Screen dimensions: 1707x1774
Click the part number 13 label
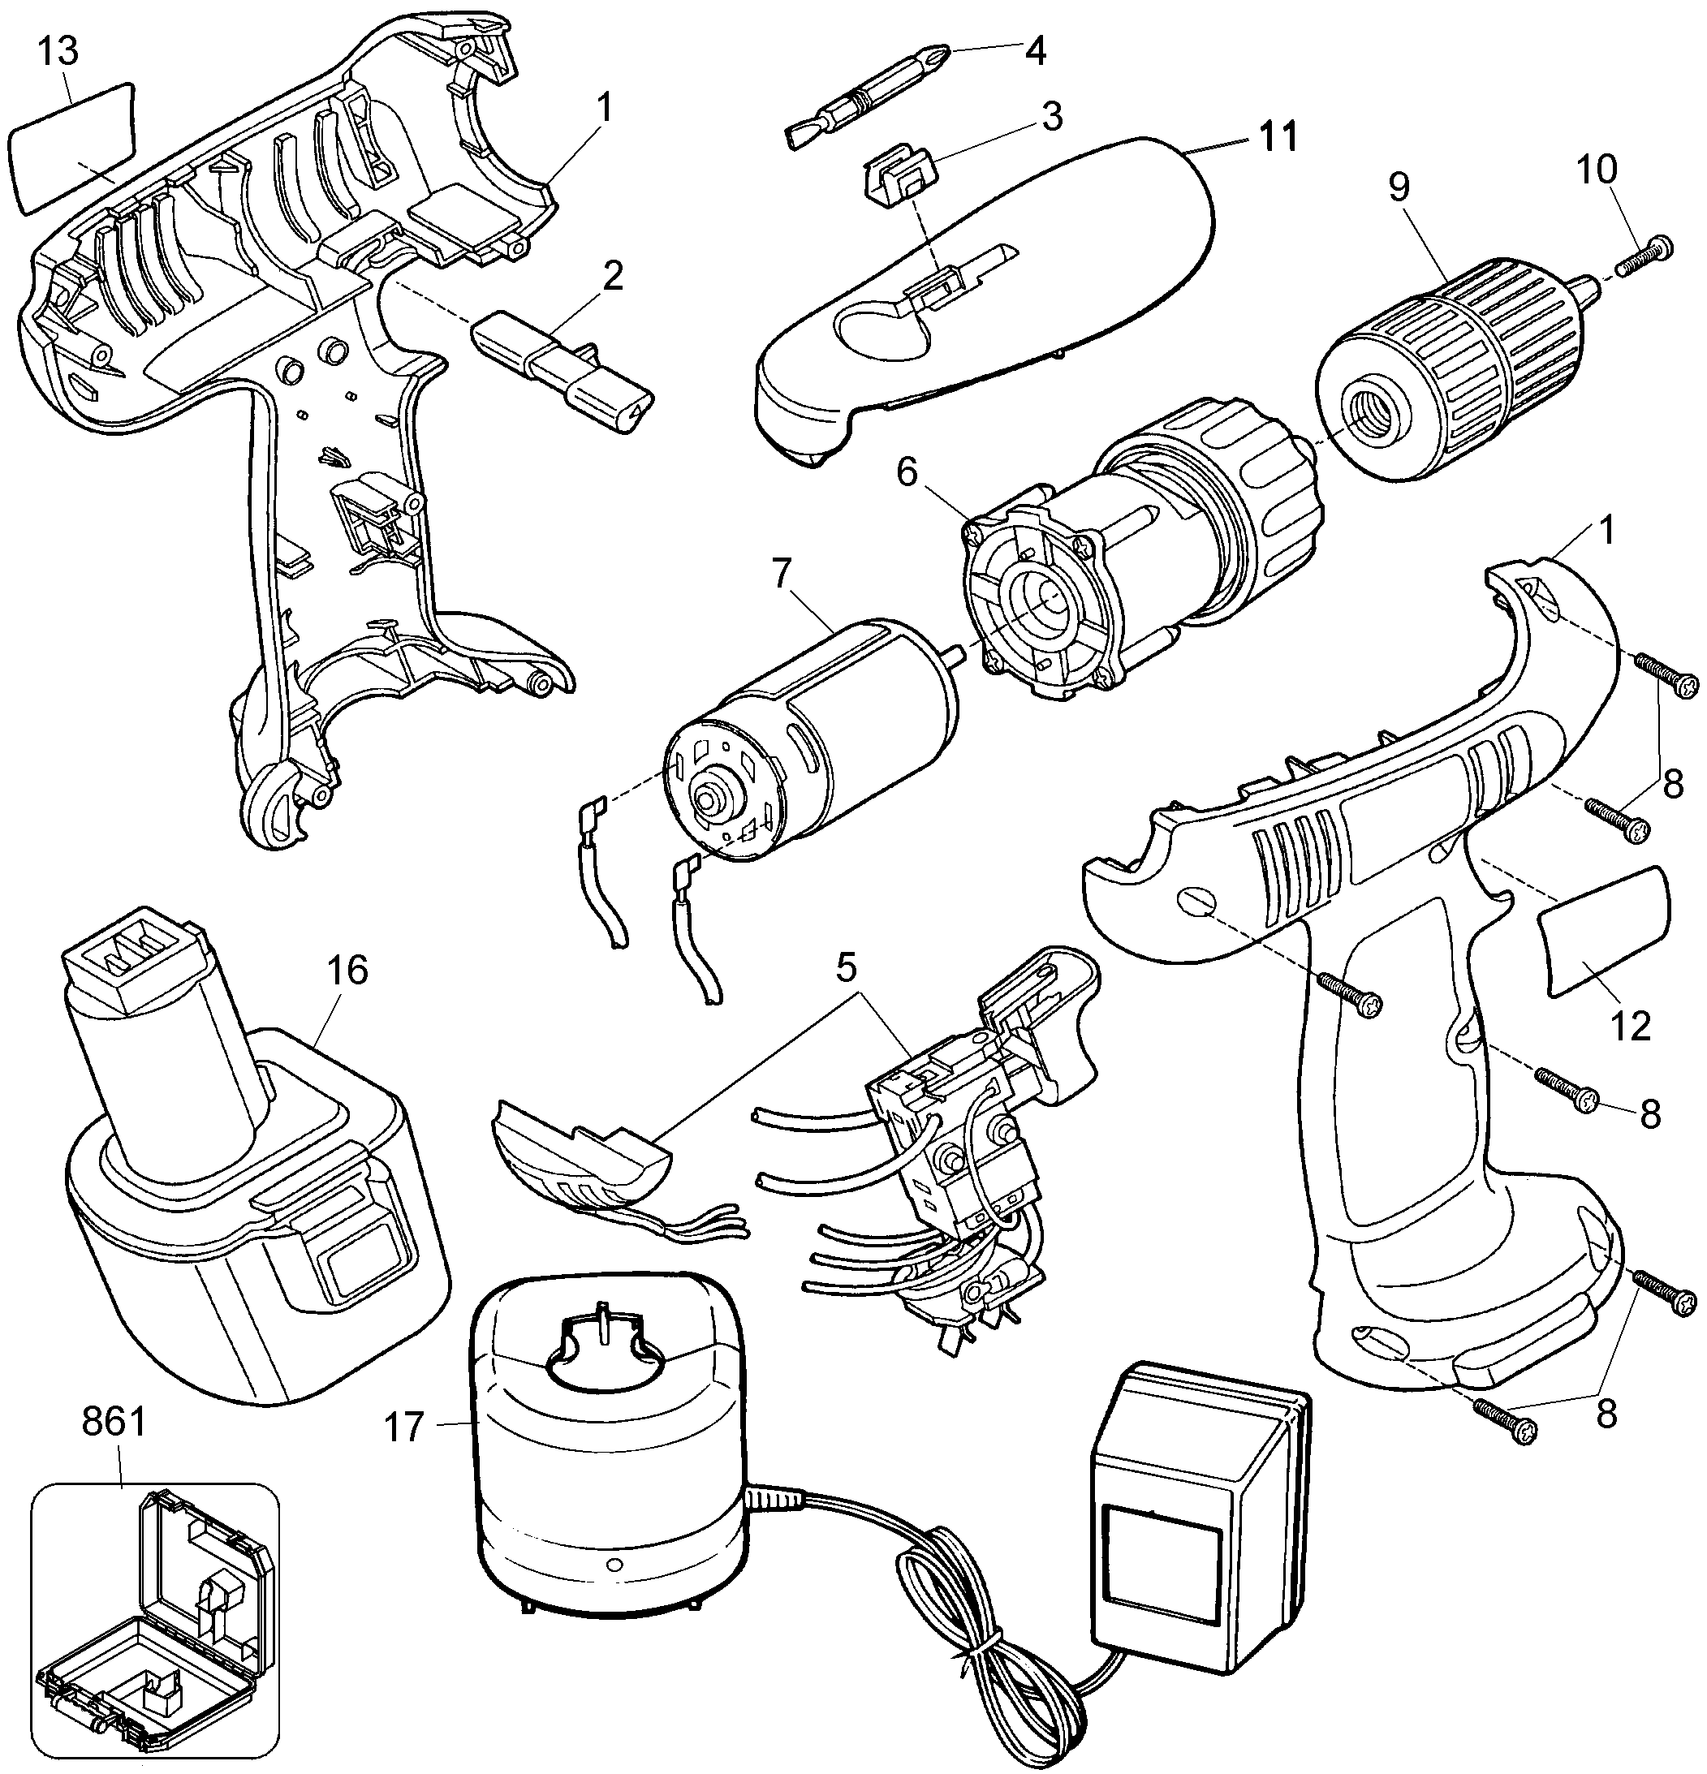pos(58,52)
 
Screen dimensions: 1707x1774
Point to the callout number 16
pos(348,971)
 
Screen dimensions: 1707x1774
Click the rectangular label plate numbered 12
pos(1604,932)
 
